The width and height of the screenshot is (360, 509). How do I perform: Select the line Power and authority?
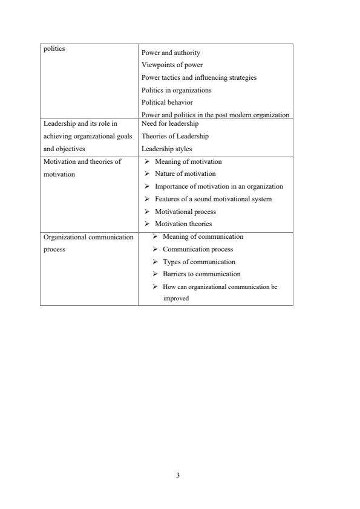pyautogui.click(x=171, y=53)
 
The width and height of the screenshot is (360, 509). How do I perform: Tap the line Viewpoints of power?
pyautogui.click(x=172, y=65)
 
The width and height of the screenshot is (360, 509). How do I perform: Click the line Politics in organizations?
pyautogui.click(x=176, y=90)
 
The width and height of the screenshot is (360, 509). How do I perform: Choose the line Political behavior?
pyautogui.click(x=167, y=102)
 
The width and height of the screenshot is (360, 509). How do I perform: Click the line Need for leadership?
pyautogui.click(x=170, y=123)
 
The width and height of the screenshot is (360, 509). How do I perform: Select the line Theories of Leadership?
pyautogui.click(x=175, y=136)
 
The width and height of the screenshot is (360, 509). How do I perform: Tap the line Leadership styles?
pyautogui.click(x=167, y=148)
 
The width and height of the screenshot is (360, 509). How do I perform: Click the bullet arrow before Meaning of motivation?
pyautogui.click(x=147, y=161)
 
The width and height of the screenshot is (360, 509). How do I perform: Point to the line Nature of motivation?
pyautogui.click(x=185, y=173)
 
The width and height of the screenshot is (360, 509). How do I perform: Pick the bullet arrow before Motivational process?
pyautogui.click(x=147, y=212)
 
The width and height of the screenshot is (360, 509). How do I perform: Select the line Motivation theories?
pyautogui.click(x=183, y=224)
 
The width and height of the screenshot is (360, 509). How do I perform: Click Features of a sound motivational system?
pyautogui.click(x=213, y=199)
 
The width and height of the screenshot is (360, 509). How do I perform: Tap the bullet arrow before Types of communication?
pyautogui.click(x=155, y=262)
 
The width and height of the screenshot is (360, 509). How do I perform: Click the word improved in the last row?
pyautogui.click(x=176, y=297)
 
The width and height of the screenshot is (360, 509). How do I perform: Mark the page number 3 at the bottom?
pyautogui.click(x=178, y=475)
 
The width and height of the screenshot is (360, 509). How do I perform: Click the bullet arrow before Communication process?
pyautogui.click(x=155, y=249)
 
